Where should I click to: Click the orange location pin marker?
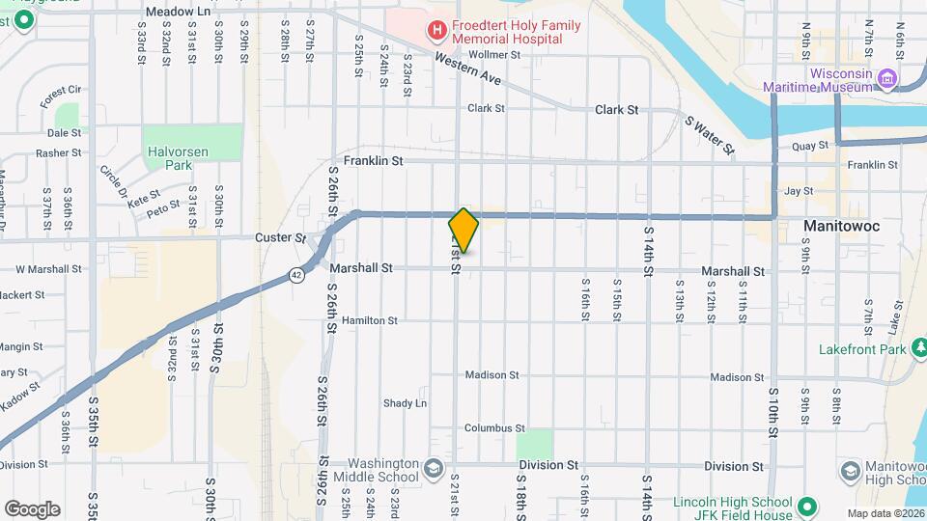pos(463,230)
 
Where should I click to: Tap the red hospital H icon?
pos(437,30)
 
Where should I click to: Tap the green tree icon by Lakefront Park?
pos(918,347)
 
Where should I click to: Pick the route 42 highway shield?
pos(295,276)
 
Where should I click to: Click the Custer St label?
pos(280,237)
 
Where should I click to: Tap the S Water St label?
pos(710,134)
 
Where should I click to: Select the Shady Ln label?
pos(405,403)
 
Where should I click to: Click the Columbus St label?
pos(493,427)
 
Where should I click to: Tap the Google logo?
pos(32,508)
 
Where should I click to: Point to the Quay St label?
pos(810,146)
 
